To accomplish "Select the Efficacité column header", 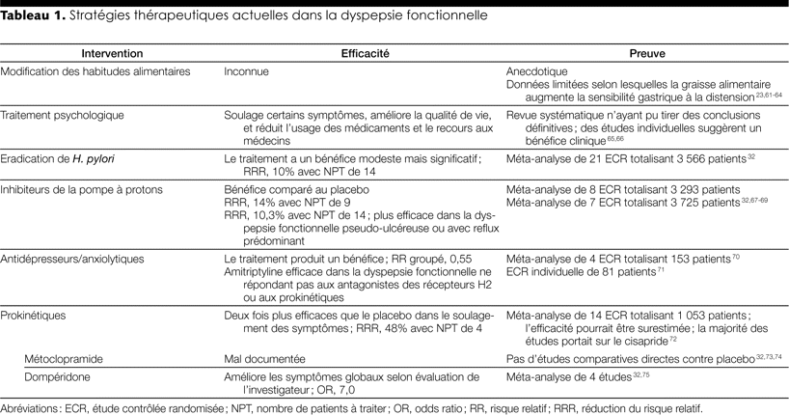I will (362, 54).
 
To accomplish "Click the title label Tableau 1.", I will (31, 16).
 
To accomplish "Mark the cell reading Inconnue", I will (247, 71).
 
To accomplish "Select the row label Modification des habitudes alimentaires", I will (96, 71).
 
